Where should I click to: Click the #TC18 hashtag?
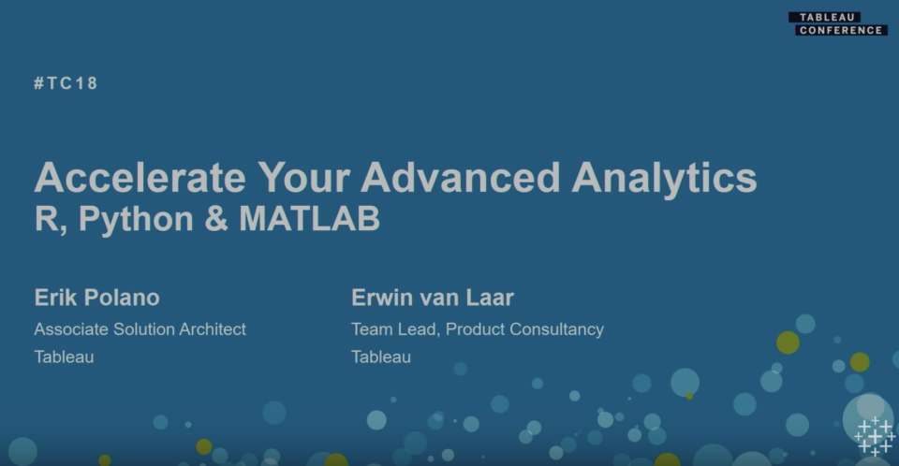66,83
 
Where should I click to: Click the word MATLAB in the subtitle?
309,219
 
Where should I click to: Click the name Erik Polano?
96,298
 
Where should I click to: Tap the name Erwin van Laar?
433,298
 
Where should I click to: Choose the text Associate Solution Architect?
140,329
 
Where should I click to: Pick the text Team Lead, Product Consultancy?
477,329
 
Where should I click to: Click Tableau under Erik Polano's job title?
64,357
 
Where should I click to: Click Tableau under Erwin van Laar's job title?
380,357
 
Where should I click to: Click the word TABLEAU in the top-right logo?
824,17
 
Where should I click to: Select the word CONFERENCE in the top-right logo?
841,30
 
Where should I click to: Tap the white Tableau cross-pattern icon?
874,436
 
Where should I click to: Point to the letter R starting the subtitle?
45,219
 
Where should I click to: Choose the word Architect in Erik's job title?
214,329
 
